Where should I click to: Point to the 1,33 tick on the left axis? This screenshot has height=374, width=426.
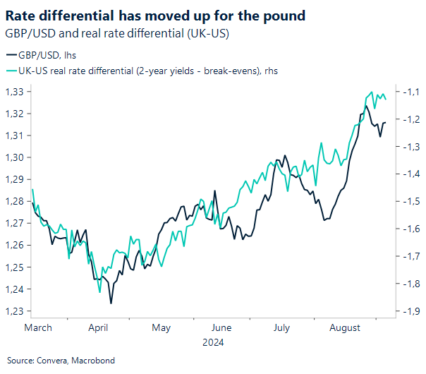[15, 92]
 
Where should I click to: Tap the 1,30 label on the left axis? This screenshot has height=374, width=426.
[15, 157]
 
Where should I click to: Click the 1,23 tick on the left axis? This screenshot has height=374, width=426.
[15, 311]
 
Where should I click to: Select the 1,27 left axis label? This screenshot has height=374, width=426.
[15, 223]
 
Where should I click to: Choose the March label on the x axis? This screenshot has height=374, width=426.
[38, 327]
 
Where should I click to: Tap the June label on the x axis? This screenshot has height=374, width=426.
[221, 327]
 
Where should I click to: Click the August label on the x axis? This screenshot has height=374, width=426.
[345, 327]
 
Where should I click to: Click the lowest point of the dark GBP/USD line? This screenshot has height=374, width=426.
[111, 303]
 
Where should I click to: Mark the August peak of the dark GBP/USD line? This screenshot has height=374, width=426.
[366, 107]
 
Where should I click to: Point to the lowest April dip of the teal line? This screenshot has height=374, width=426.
[99, 291]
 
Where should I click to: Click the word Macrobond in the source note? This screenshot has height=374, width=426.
[83, 361]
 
